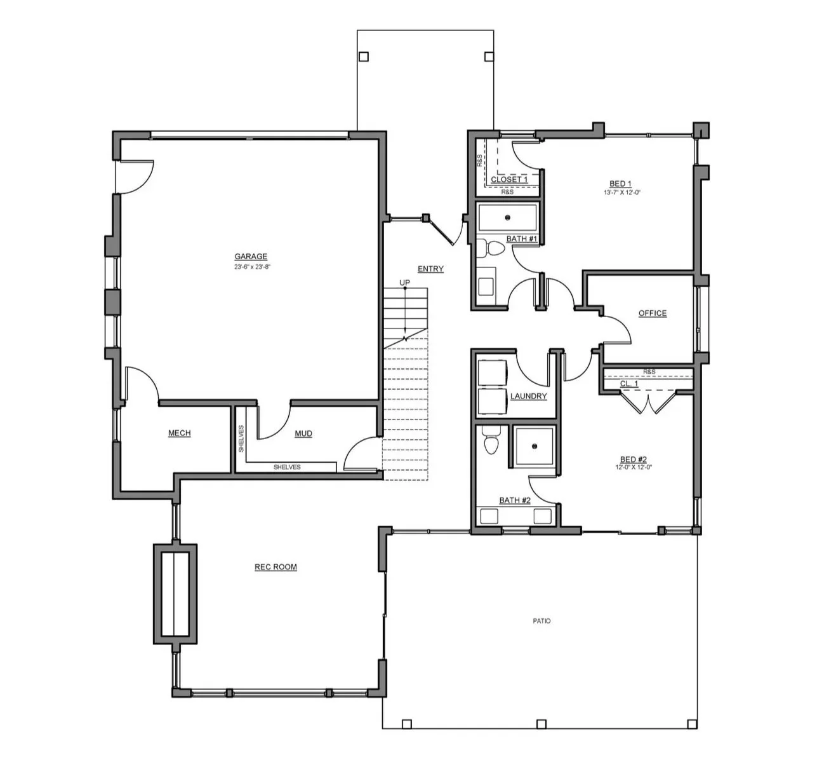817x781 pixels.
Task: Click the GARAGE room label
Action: point(251,256)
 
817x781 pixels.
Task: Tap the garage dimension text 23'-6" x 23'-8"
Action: point(252,266)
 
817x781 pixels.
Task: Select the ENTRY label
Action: point(430,269)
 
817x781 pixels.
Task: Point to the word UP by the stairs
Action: point(405,283)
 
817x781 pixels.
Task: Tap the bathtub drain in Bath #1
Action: point(508,217)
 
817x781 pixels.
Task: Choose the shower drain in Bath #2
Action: point(535,446)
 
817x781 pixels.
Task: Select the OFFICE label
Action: point(653,313)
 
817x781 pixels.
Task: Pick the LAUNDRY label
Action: point(529,396)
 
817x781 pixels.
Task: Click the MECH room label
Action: point(179,433)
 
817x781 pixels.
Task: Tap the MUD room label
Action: point(303,433)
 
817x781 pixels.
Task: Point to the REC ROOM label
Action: point(276,567)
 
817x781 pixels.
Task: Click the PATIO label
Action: point(541,621)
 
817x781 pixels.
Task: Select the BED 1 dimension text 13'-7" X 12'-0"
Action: point(622,193)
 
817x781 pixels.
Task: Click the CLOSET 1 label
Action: point(509,179)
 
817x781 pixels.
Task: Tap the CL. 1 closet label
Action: point(629,384)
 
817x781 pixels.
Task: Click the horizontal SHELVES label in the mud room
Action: point(287,467)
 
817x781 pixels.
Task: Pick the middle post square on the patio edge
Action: point(541,723)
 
